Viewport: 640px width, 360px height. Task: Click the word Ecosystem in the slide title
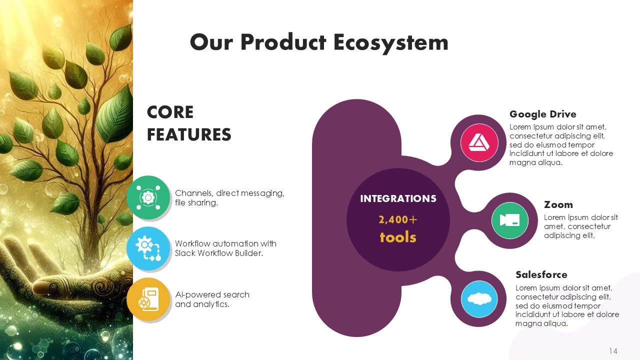tap(390, 43)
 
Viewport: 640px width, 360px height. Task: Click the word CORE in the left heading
tap(170, 112)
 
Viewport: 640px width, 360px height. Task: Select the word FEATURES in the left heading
tap(189, 134)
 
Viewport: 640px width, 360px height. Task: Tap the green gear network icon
tap(148, 197)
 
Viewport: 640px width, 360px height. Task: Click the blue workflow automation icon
tap(148, 248)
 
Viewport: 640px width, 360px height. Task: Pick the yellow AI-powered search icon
tap(148, 299)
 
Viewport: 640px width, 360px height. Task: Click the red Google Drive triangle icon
tap(479, 142)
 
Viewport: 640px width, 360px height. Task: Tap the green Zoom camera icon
tap(509, 220)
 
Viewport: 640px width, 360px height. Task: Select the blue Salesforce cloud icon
tap(479, 299)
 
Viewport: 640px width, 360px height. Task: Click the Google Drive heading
tap(543, 114)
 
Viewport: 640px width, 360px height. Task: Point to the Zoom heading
tap(558, 205)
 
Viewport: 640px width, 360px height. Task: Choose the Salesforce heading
tap(541, 275)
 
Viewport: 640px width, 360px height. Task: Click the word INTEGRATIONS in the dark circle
tap(398, 198)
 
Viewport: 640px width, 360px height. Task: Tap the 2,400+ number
tap(398, 219)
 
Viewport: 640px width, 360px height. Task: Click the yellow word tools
tap(398, 237)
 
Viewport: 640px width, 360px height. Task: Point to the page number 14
tap(613, 351)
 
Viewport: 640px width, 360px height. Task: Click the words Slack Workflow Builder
tap(219, 253)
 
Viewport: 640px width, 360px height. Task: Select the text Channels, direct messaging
tap(229, 193)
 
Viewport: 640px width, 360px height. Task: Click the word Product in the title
tap(283, 42)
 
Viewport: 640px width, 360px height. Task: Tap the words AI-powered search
tap(212, 295)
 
